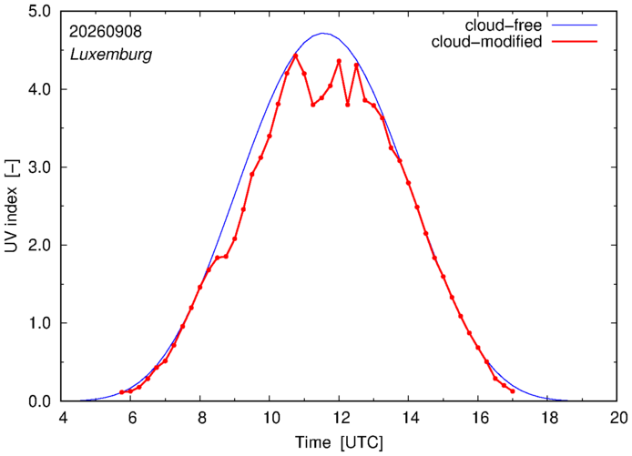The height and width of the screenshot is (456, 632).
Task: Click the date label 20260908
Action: (x=106, y=32)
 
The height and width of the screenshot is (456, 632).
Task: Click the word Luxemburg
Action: (x=111, y=55)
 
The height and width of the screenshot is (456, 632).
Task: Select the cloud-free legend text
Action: (x=504, y=25)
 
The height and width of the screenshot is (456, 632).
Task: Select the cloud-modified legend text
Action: (x=486, y=42)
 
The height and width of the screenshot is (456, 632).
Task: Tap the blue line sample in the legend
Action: (x=575, y=25)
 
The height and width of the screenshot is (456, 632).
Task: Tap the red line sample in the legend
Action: (x=575, y=42)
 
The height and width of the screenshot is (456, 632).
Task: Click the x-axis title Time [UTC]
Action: (x=339, y=442)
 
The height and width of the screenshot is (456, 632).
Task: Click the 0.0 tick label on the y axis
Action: (x=39, y=400)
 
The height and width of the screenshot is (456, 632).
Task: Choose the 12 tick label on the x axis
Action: (x=340, y=418)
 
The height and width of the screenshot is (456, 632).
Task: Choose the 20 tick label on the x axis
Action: (x=617, y=418)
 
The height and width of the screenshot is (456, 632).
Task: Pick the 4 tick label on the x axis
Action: (x=62, y=418)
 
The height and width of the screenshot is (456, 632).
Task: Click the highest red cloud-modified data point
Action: (x=295, y=56)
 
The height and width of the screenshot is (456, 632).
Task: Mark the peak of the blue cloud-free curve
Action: (x=322, y=33)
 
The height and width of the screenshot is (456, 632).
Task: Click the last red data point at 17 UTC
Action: (x=513, y=391)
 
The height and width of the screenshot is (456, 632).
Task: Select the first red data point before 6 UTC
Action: (x=122, y=392)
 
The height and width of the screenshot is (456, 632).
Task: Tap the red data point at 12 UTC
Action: (x=339, y=61)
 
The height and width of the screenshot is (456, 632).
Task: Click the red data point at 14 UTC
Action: (x=408, y=183)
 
